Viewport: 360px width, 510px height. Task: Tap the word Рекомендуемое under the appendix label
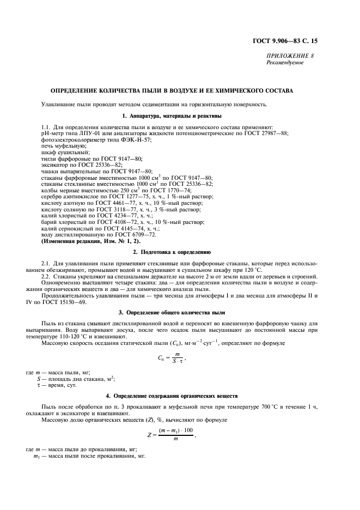tap(285, 63)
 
